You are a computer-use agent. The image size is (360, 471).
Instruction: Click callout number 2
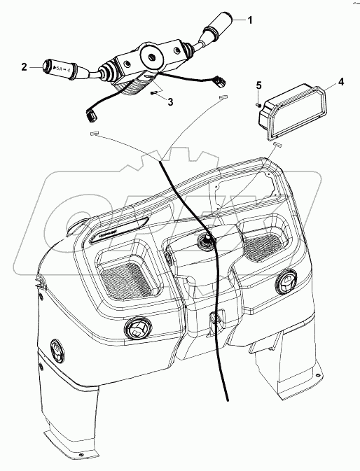coord(24,68)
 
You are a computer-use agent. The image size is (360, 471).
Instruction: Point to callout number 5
coord(258,85)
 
